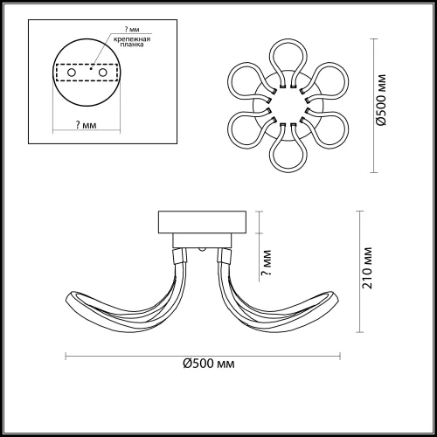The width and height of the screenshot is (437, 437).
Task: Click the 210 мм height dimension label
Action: [x=367, y=268]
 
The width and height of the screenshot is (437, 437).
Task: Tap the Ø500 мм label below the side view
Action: [x=209, y=364]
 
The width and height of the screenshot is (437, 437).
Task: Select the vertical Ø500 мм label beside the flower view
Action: [x=381, y=100]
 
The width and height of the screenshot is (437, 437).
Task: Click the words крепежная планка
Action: [x=132, y=42]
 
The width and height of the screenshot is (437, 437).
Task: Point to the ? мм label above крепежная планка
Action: [x=132, y=29]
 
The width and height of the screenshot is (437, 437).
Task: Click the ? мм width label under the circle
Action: [x=86, y=125]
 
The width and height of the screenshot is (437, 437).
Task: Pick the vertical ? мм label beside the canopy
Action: [x=267, y=263]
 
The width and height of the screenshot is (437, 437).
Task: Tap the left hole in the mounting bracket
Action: [x=72, y=73]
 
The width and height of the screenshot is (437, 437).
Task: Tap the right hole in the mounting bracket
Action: [x=102, y=73]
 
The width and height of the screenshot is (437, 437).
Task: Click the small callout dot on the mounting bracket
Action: [x=91, y=69]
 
